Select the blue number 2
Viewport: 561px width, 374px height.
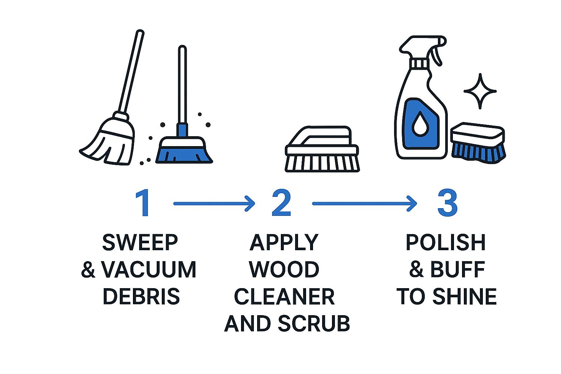[x=281, y=203]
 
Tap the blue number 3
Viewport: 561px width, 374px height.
[x=447, y=203]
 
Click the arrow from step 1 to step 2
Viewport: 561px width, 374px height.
[x=214, y=204]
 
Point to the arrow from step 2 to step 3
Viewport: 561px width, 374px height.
[x=365, y=204]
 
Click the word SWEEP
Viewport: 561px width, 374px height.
[x=140, y=242]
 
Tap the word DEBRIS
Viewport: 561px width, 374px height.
[x=141, y=296]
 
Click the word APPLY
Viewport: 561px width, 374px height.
[x=284, y=242]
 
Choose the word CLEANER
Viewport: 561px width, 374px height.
[x=284, y=296]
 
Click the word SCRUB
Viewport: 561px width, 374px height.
[x=314, y=323]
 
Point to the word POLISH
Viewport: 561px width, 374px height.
[x=446, y=242]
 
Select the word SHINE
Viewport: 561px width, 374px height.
[x=465, y=296]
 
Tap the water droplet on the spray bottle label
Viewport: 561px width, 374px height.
[x=420, y=124]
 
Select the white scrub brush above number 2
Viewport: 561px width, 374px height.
[x=322, y=149]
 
